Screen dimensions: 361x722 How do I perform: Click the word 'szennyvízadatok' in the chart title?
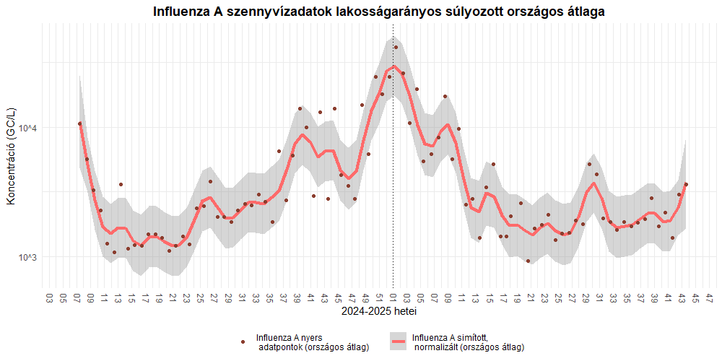click(269, 12)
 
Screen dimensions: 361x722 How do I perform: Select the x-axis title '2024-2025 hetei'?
click(379, 312)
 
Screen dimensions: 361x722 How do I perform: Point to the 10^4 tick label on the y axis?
click(27, 129)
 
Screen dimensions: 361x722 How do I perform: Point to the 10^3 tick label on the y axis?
click(27, 257)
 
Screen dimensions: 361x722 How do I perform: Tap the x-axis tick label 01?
click(393, 297)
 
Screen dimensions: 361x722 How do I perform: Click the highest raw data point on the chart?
click(396, 48)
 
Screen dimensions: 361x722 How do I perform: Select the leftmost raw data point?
click(80, 123)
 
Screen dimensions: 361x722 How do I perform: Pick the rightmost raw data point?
click(686, 185)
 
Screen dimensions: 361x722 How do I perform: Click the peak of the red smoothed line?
click(394, 66)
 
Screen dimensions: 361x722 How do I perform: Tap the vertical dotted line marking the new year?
click(393, 180)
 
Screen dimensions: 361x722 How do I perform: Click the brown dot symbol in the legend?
click(243, 342)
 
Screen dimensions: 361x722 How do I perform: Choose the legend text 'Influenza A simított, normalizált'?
click(468, 342)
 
